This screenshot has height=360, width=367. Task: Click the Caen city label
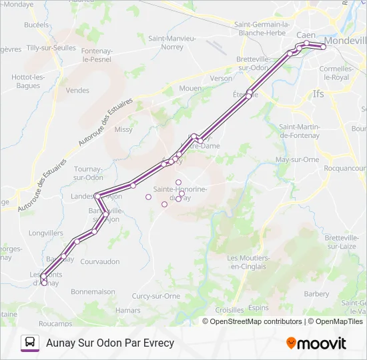point(305,34)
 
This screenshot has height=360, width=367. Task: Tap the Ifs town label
point(318,94)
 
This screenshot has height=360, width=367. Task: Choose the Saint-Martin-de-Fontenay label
point(301,131)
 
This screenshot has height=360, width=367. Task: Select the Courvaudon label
point(99,261)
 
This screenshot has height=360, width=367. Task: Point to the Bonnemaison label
point(93,291)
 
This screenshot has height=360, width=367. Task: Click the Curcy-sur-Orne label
point(156,296)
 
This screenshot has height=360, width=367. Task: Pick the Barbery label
point(316,293)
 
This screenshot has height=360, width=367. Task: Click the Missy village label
point(123,130)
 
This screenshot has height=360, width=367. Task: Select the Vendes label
point(77,91)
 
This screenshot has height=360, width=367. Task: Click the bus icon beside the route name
point(30,343)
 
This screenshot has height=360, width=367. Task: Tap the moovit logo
point(316,343)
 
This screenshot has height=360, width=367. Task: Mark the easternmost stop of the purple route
point(324,47)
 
